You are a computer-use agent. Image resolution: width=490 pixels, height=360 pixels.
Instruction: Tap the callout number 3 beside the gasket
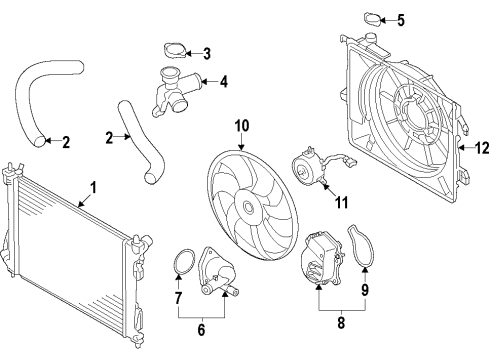[x=206, y=53]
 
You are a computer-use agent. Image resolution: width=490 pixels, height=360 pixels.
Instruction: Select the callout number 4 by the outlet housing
[x=224, y=81]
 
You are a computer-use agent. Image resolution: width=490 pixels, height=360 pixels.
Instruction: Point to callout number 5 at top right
[x=400, y=20]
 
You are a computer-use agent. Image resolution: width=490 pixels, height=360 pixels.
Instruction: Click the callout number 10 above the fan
[x=240, y=126]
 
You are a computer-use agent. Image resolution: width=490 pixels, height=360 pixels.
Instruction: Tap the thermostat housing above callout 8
[x=320, y=261]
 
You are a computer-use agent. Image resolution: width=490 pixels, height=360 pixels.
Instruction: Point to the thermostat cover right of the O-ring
[x=217, y=269]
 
